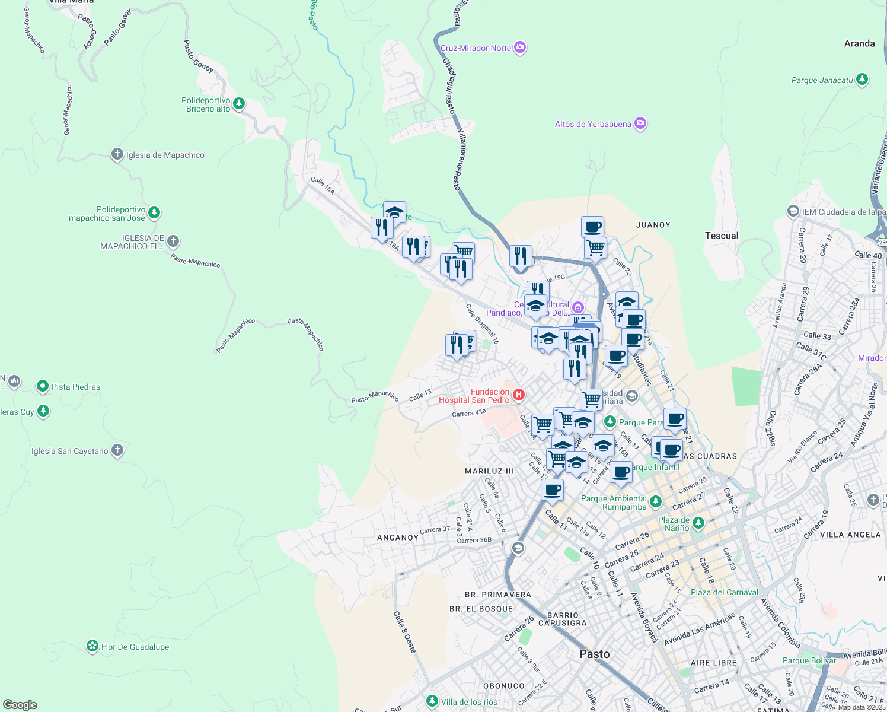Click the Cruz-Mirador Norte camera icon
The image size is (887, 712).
[520, 47]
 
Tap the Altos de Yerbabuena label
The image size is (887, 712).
[593, 124]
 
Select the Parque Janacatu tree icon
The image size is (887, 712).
[862, 79]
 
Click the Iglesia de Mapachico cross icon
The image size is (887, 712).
[117, 154]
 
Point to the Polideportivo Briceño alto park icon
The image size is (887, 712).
[239, 104]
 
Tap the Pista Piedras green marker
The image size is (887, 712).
[42, 386]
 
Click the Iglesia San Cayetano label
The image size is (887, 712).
[69, 451]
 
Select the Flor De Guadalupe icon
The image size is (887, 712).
[92, 646]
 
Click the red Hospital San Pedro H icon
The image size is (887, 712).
[519, 395]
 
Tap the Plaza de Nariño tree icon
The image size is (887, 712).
[698, 523]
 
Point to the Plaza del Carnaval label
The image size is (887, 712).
[724, 592]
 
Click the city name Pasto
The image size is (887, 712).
[594, 654]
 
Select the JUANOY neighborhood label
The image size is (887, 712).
[653, 225]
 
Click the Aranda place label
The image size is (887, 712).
[859, 43]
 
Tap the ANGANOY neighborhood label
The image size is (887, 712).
[398, 538]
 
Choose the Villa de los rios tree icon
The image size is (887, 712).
[432, 701]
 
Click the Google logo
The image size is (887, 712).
[20, 704]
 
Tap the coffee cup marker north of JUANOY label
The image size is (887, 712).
[592, 227]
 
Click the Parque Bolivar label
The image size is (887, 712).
[809, 660]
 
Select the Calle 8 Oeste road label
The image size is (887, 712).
[405, 632]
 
